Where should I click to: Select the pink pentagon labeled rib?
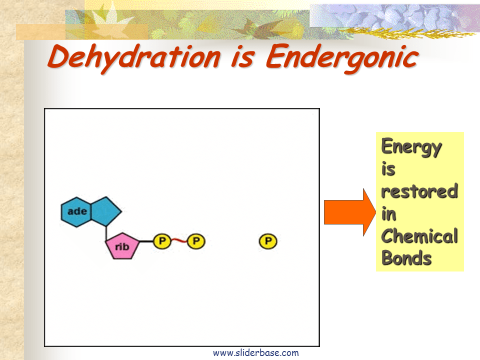click(122, 246)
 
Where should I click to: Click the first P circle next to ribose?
click(161, 241)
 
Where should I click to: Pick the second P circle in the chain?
click(196, 241)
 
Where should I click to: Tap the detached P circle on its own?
click(268, 241)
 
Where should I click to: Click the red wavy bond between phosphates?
click(178, 241)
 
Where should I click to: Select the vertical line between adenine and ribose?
click(106, 231)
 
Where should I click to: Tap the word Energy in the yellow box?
click(411, 147)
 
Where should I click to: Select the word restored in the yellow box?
click(419, 191)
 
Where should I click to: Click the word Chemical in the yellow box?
click(419, 236)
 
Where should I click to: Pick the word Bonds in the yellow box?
click(406, 258)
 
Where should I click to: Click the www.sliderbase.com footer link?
click(255, 353)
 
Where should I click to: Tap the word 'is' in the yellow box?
click(388, 169)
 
